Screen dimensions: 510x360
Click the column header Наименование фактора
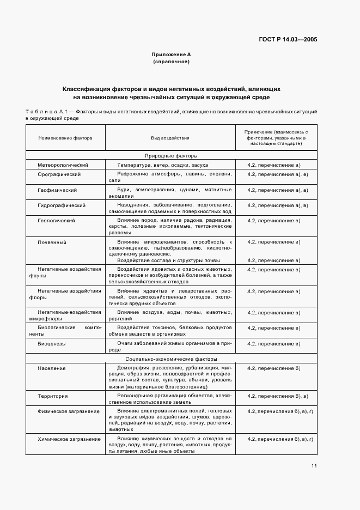tap(65, 138)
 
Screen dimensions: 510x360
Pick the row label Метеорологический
tap(63, 165)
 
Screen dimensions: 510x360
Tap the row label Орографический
tap(59, 174)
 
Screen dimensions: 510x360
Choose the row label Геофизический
tap(57, 190)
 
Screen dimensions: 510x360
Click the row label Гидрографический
tap(62, 205)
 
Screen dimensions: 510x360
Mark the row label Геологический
tap(56, 221)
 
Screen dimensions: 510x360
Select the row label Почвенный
tap(52, 241)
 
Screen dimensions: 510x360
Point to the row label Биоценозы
tap(52, 344)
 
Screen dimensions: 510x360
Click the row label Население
tap(52, 368)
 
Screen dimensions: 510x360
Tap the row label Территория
tap(53, 395)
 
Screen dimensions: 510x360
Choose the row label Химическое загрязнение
tap(69, 439)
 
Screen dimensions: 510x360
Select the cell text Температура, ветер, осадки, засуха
tap(162, 165)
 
